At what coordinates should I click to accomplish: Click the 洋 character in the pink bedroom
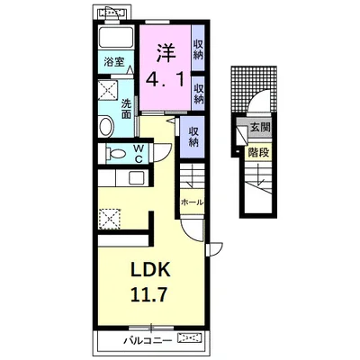166,53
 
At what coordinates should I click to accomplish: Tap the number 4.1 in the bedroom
166,80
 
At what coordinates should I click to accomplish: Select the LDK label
150,270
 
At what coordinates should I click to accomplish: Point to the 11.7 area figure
148,294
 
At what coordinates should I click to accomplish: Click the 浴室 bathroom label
114,62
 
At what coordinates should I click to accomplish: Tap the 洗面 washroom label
127,109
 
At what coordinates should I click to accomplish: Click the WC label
138,154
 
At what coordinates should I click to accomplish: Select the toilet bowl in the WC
115,154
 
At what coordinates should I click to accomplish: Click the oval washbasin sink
106,127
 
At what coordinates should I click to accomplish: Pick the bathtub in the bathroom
116,37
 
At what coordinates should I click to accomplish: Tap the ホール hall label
192,202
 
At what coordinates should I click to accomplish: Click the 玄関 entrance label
260,128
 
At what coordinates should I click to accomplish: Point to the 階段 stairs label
258,153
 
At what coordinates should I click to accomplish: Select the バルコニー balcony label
148,340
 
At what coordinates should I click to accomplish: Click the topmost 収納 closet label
198,49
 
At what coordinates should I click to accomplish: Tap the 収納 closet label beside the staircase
193,137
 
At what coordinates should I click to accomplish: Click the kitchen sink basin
137,178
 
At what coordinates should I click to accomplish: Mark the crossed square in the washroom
108,89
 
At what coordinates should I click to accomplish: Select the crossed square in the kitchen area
110,219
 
